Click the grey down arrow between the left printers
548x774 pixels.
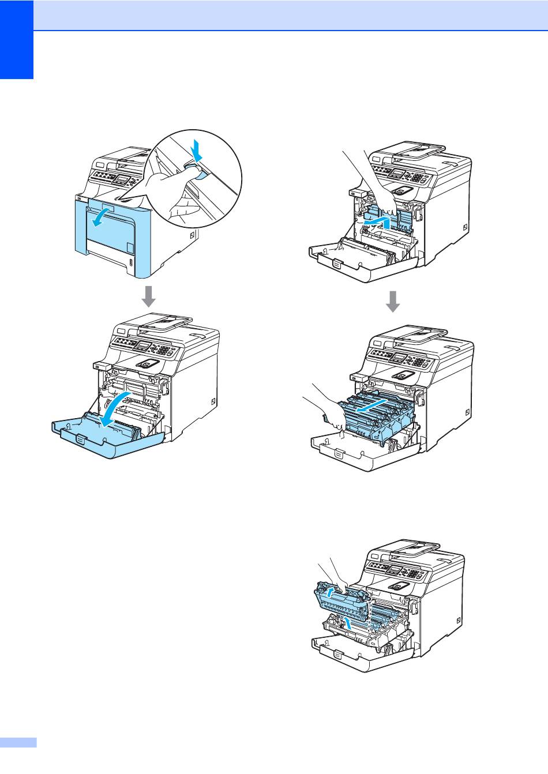(149, 296)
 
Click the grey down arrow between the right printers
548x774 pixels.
(393, 300)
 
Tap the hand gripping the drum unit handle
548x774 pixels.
(318, 404)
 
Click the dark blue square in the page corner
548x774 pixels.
(17, 40)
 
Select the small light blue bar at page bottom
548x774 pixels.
(18, 742)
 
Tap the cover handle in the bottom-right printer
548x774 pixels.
(338, 655)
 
